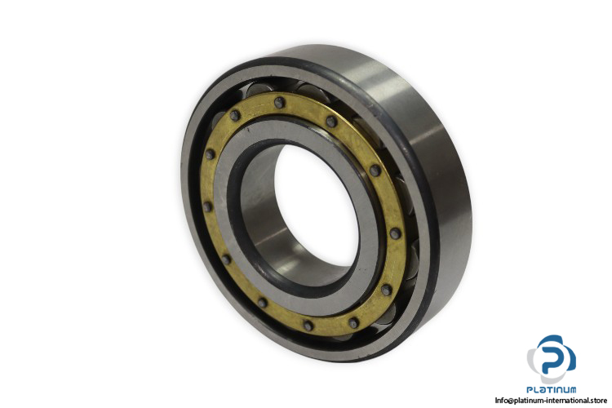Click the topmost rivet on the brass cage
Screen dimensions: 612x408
pyautogui.click(x=279, y=103)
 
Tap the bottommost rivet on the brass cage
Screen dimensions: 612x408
pyautogui.click(x=308, y=326)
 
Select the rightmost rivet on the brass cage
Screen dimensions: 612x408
pyautogui.click(x=395, y=233)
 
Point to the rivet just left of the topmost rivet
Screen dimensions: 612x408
pyautogui.click(x=235, y=115)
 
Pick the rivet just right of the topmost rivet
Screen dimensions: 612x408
pyautogui.click(x=331, y=122)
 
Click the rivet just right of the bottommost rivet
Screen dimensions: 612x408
pyautogui.click(x=353, y=323)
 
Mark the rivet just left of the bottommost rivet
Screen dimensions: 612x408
pyautogui.click(x=263, y=303)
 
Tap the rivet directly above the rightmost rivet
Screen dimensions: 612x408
pyautogui.click(x=375, y=171)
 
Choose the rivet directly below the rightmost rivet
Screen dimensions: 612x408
pyautogui.click(x=386, y=290)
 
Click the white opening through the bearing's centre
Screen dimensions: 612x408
pyautogui.click(x=315, y=205)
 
